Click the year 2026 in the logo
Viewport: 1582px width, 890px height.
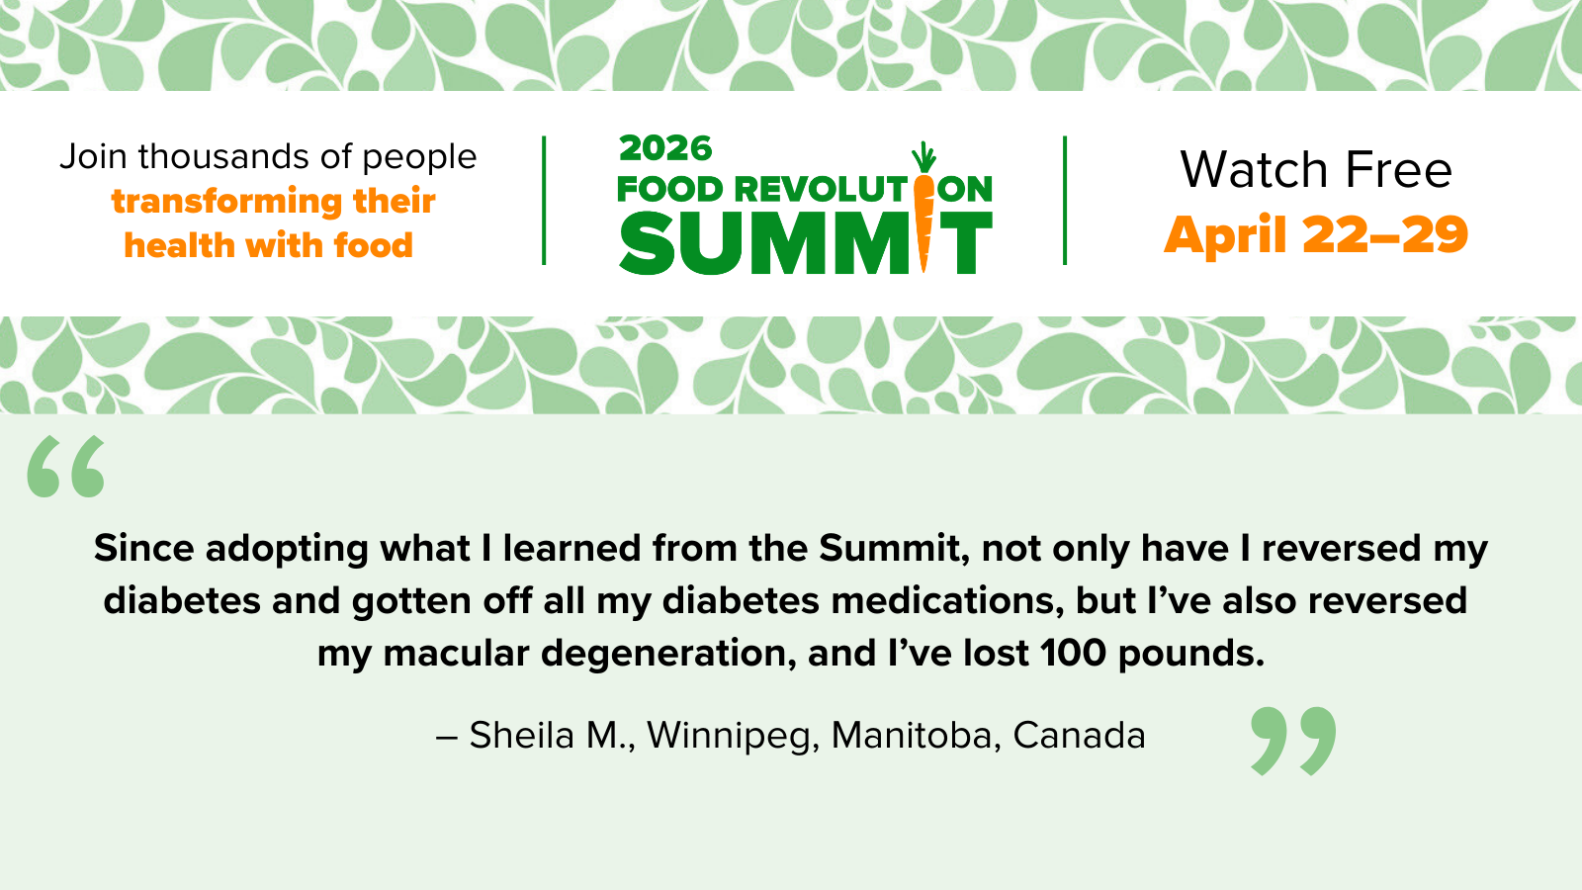[x=665, y=148]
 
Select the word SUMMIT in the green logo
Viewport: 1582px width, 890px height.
[x=806, y=243]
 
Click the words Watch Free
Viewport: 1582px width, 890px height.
[x=1316, y=169]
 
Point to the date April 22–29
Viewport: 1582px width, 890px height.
[x=1316, y=234]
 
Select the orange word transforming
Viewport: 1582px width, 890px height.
[x=226, y=202]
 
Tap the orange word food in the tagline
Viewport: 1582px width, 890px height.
[x=374, y=245]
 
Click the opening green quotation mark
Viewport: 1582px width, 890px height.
[x=65, y=466]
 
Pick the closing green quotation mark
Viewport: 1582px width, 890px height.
[x=1293, y=741]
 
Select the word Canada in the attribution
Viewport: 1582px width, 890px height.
[x=1079, y=736]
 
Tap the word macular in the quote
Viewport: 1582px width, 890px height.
[x=456, y=654]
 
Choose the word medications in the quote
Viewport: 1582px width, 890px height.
[x=948, y=601]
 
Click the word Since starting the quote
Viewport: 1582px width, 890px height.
[x=144, y=548]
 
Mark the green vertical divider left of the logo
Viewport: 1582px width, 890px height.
[x=544, y=201]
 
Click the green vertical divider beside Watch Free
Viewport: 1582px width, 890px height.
[x=1065, y=201]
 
